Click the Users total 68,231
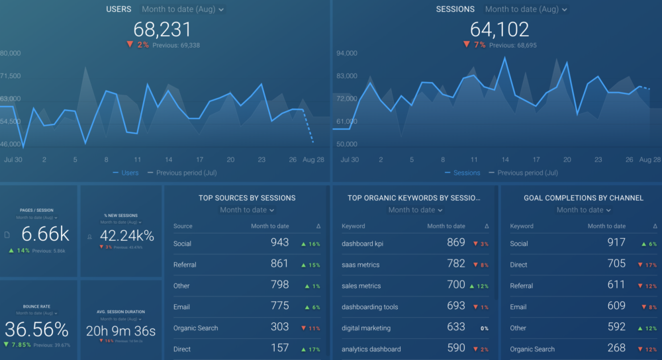click(x=162, y=29)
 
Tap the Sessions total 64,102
click(x=499, y=29)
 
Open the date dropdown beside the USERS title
click(x=183, y=9)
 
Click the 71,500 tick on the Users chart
click(x=11, y=76)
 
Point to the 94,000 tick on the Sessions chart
click(x=348, y=54)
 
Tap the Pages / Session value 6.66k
click(x=45, y=234)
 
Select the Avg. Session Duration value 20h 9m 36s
click(x=120, y=330)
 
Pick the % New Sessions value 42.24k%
click(x=126, y=236)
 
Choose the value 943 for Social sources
click(x=279, y=243)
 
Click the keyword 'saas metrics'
click(x=360, y=265)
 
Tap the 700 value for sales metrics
click(x=455, y=285)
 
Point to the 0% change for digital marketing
click(x=485, y=328)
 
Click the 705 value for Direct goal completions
click(x=616, y=264)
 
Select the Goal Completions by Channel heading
click(x=574, y=198)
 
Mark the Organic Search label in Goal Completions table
click(x=532, y=349)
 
